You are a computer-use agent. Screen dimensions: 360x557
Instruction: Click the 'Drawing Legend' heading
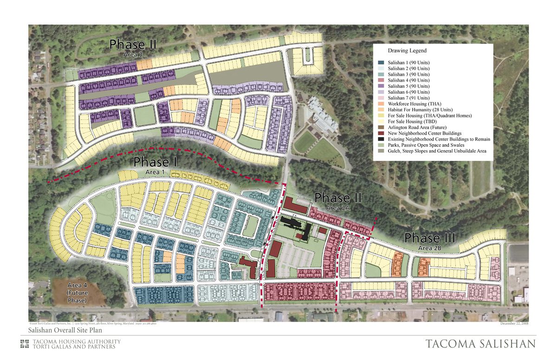click(407, 51)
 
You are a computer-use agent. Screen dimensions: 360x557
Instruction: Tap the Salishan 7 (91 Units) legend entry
click(408, 98)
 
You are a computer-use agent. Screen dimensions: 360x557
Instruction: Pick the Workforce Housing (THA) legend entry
click(415, 104)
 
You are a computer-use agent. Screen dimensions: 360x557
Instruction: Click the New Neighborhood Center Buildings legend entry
click(424, 133)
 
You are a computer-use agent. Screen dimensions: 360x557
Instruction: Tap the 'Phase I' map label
click(151, 162)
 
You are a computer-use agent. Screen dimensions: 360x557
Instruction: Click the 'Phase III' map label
click(429, 238)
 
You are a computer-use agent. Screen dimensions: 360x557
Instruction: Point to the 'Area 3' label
click(133, 54)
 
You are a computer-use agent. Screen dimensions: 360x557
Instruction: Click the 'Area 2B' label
click(429, 248)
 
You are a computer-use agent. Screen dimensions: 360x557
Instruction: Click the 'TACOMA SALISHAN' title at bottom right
click(480, 344)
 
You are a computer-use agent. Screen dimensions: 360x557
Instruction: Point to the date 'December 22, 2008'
click(515, 323)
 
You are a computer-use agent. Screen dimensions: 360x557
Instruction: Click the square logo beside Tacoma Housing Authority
click(25, 344)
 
